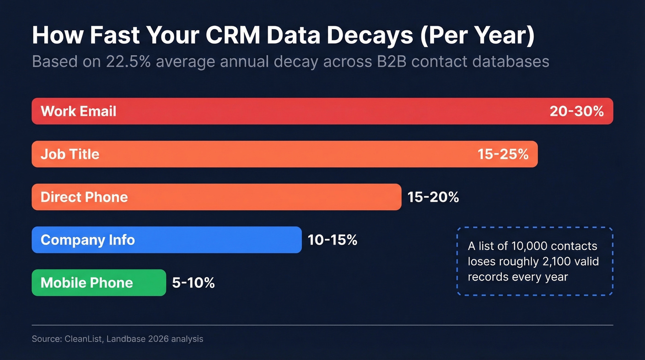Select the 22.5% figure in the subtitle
pyautogui.click(x=129, y=61)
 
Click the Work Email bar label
pyautogui.click(x=78, y=111)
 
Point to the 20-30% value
pyautogui.click(x=576, y=111)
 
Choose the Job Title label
pyautogui.click(x=70, y=154)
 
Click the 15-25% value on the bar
pyautogui.click(x=503, y=154)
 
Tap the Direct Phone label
pyautogui.click(x=84, y=197)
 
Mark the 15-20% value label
pyautogui.click(x=433, y=197)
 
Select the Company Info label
pyautogui.click(x=88, y=240)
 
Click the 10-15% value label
pyautogui.click(x=332, y=240)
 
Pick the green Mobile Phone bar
pyautogui.click(x=99, y=283)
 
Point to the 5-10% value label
pyautogui.click(x=193, y=283)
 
